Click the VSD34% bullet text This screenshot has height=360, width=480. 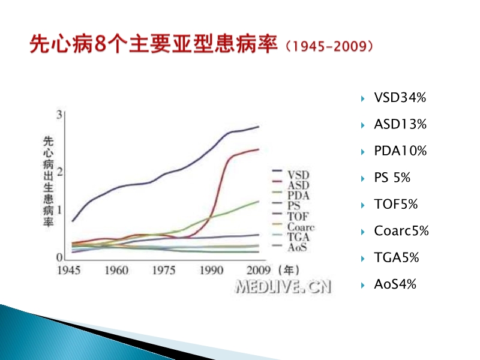click(400, 98)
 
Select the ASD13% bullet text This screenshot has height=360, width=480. click(400, 125)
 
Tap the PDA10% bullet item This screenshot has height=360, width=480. click(400, 151)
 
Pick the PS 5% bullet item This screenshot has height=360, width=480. click(392, 178)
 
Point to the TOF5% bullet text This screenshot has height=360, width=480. click(395, 205)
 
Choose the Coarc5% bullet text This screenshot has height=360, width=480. click(401, 231)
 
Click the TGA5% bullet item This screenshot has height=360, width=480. click(396, 258)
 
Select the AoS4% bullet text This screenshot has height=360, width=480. click(395, 284)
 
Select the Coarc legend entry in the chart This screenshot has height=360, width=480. click(301, 227)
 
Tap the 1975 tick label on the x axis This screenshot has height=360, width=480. click(164, 270)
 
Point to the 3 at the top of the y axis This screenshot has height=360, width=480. click(59, 115)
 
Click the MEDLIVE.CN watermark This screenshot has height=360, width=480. click(283, 286)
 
